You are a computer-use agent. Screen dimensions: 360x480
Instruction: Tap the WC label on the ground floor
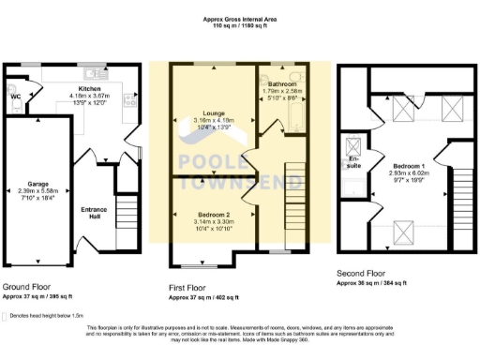tap(15, 95)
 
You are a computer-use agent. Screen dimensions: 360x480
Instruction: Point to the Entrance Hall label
tap(93, 208)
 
